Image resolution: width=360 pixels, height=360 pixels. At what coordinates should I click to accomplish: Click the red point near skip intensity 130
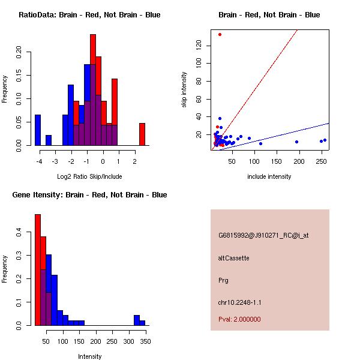click(220, 34)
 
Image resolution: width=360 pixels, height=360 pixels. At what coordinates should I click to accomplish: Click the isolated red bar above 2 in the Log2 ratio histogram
click(142, 134)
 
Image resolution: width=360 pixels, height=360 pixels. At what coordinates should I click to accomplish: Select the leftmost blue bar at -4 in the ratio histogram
click(38, 130)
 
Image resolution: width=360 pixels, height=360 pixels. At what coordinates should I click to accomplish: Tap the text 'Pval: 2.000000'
click(239, 319)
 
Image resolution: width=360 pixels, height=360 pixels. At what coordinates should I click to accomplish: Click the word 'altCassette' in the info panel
click(233, 258)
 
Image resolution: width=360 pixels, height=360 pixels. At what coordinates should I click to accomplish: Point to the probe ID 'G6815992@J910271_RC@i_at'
click(263, 235)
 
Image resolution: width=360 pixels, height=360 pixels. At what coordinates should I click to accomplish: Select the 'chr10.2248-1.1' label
click(239, 302)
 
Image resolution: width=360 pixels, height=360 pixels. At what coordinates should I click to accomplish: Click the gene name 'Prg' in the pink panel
click(223, 280)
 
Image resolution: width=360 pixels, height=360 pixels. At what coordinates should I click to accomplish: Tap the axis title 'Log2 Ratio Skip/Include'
click(89, 176)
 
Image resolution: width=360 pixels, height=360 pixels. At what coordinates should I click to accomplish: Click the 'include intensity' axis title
click(269, 176)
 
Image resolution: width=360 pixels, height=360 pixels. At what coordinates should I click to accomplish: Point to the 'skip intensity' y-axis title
click(184, 90)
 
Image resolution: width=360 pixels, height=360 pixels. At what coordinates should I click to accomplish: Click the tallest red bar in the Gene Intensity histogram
click(38, 270)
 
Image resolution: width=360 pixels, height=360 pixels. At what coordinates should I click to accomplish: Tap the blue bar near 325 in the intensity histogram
click(136, 320)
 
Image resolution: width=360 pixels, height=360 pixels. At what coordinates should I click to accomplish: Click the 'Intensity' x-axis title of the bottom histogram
click(90, 356)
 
